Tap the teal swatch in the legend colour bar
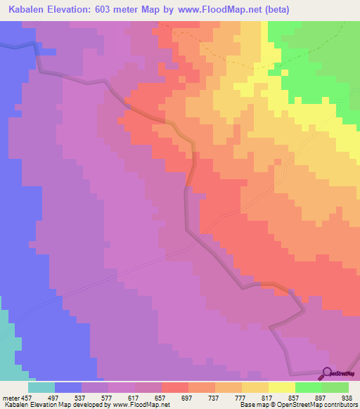tap(41, 387)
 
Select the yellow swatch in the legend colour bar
tap(282, 387)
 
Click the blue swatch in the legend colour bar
tap(68, 387)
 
